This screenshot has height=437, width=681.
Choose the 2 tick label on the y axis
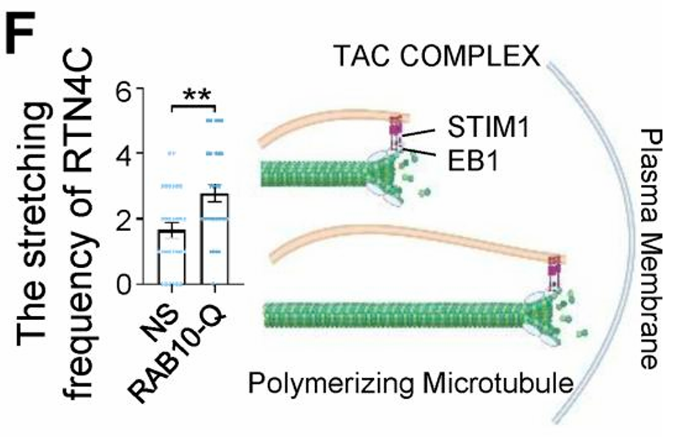coord(124,219)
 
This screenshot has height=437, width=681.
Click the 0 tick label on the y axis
coord(124,285)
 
